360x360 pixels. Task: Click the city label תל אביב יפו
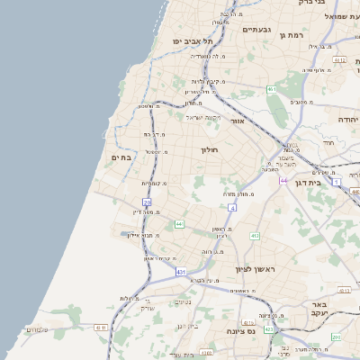(x=194, y=41)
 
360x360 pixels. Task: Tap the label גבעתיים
(x=257, y=30)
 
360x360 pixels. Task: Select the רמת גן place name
(x=294, y=35)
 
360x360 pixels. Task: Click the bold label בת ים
(x=121, y=157)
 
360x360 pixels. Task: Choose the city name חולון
(x=209, y=149)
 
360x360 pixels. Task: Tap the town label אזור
(x=238, y=120)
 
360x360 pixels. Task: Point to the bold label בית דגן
(x=308, y=183)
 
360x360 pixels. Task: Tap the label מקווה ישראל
(x=202, y=117)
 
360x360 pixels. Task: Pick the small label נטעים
(x=183, y=301)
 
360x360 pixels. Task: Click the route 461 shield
(x=272, y=90)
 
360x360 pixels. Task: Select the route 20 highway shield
(x=147, y=203)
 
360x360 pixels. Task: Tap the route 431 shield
(x=181, y=270)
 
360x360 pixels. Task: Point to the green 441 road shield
(x=180, y=223)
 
